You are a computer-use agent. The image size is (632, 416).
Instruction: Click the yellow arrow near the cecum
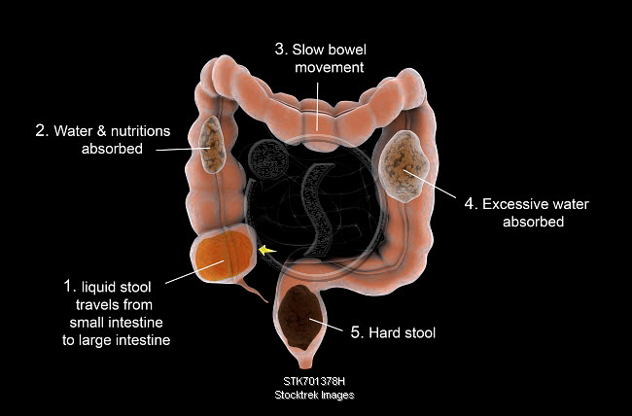tap(266, 251)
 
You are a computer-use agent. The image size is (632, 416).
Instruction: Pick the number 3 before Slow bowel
tap(280, 48)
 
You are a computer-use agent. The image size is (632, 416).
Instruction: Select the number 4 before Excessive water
tap(470, 204)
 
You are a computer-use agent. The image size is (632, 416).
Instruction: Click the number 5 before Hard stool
tap(357, 332)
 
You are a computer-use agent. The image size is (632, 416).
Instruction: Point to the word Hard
tap(387, 332)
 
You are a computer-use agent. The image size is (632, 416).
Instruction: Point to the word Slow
tap(310, 48)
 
